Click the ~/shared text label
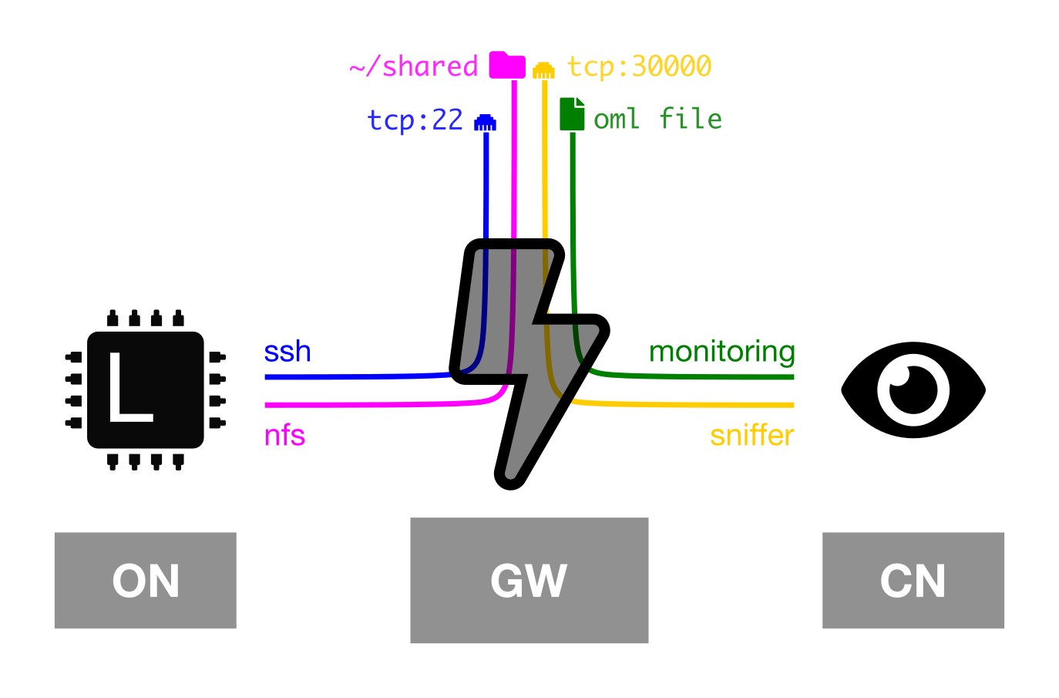point(414,66)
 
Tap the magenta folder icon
point(507,65)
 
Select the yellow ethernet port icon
point(543,70)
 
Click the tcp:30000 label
point(639,66)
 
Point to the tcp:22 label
point(415,120)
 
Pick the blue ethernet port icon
point(485,123)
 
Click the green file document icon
point(572,113)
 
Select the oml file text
point(657,118)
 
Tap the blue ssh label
point(287,352)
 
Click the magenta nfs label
point(284,435)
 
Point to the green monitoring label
point(721,352)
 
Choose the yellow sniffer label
point(752,435)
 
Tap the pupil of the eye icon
point(913,390)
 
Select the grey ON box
point(146,581)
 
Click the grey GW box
point(529,581)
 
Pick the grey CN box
point(913,581)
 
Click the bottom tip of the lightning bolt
point(509,487)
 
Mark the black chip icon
point(146,390)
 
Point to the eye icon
point(913,390)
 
